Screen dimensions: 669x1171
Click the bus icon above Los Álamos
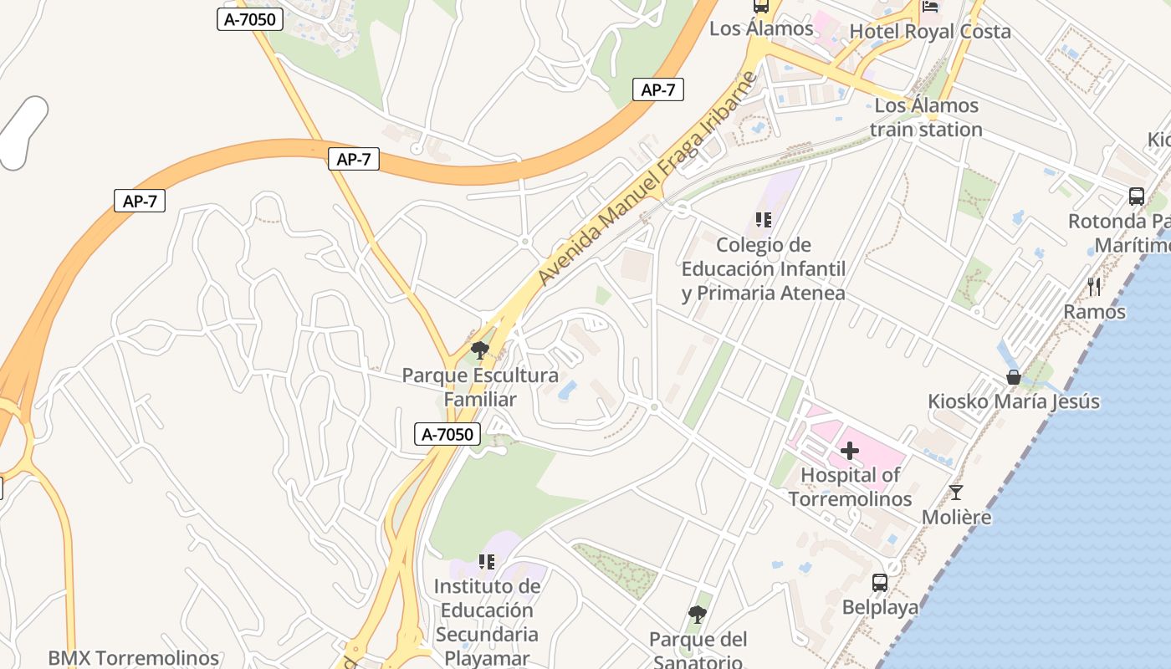[761, 6]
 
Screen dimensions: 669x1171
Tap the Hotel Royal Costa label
[930, 32]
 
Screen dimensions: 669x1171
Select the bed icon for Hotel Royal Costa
[930, 6]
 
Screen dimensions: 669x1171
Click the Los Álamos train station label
[926, 118]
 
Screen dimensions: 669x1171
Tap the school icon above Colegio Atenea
[763, 220]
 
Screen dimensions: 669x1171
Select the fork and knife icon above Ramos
[1094, 287]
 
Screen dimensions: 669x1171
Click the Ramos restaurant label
[1094, 312]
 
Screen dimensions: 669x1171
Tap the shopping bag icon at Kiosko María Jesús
[1013, 377]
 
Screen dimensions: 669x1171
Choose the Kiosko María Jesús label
[1013, 401]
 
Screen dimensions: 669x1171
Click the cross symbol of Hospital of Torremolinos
[850, 452]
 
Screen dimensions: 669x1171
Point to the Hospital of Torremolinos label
[850, 487]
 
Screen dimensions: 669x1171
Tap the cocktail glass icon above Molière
[956, 493]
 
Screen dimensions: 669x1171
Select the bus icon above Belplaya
[880, 583]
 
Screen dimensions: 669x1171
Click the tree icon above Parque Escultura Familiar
[479, 350]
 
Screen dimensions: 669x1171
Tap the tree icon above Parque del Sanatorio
[697, 615]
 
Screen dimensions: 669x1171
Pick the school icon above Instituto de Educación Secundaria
[487, 561]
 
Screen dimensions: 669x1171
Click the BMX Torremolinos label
[133, 658]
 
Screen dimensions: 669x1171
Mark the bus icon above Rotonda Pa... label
[1136, 197]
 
